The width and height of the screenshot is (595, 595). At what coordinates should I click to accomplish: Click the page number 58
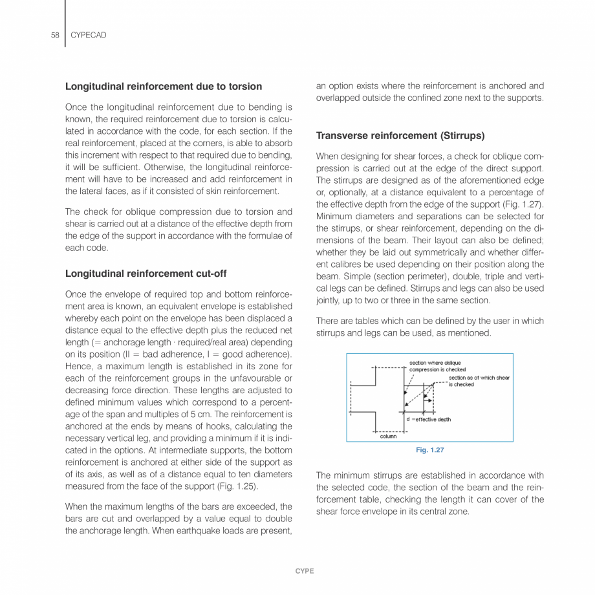tap(54, 36)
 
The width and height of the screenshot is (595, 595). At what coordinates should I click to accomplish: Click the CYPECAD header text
tap(88, 36)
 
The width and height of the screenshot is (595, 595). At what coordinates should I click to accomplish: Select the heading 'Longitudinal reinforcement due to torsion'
tap(164, 86)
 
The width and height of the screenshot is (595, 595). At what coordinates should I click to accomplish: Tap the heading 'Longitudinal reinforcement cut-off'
tap(146, 274)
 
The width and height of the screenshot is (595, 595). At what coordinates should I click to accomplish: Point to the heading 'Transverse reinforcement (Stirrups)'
tap(400, 136)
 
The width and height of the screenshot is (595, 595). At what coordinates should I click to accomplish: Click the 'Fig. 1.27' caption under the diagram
tap(429, 450)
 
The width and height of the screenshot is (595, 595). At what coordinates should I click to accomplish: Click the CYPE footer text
tap(305, 571)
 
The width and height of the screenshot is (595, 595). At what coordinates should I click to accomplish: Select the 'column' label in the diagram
tap(388, 436)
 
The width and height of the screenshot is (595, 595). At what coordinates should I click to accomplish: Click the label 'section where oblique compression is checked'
tap(437, 366)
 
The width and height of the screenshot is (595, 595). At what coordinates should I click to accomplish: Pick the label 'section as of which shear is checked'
tap(479, 381)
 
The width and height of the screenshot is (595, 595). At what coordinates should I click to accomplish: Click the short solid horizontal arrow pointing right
tap(427, 400)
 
